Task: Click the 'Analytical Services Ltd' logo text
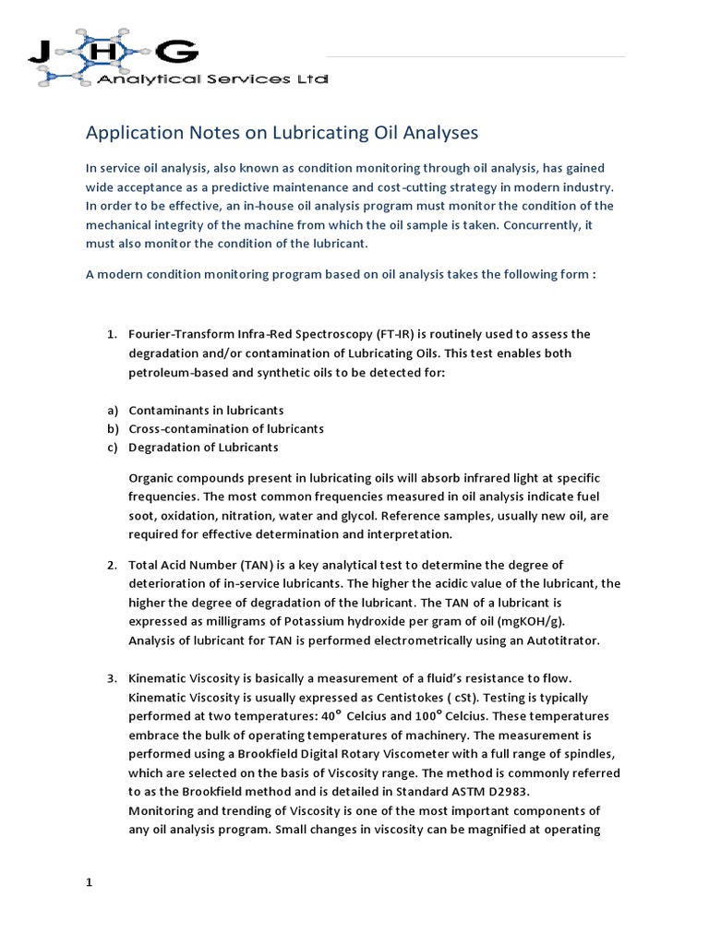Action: (x=212, y=81)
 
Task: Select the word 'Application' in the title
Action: (x=130, y=134)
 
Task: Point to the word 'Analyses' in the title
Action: (x=440, y=134)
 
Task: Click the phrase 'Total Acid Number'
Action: (x=183, y=565)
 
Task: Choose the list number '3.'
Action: (x=110, y=679)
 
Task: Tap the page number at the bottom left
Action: (x=90, y=882)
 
